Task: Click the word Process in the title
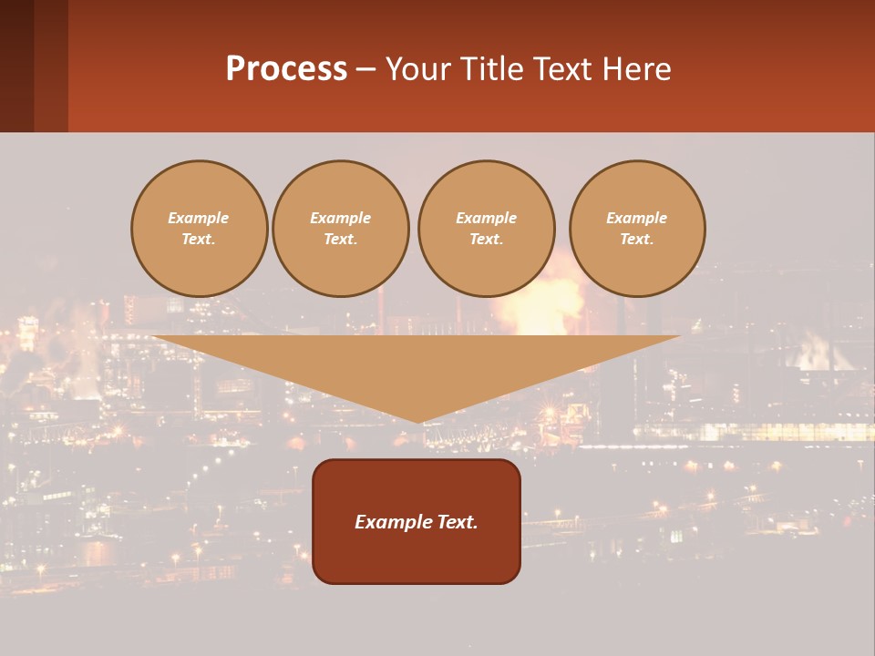coord(286,69)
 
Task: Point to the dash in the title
coord(366,70)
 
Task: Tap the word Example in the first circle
coord(199,218)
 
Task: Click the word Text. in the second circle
coord(341,239)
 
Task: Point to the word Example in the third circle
coord(487,218)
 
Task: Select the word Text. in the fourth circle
coord(637,239)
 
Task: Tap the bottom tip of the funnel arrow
coord(417,420)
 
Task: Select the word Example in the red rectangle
coord(392,522)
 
